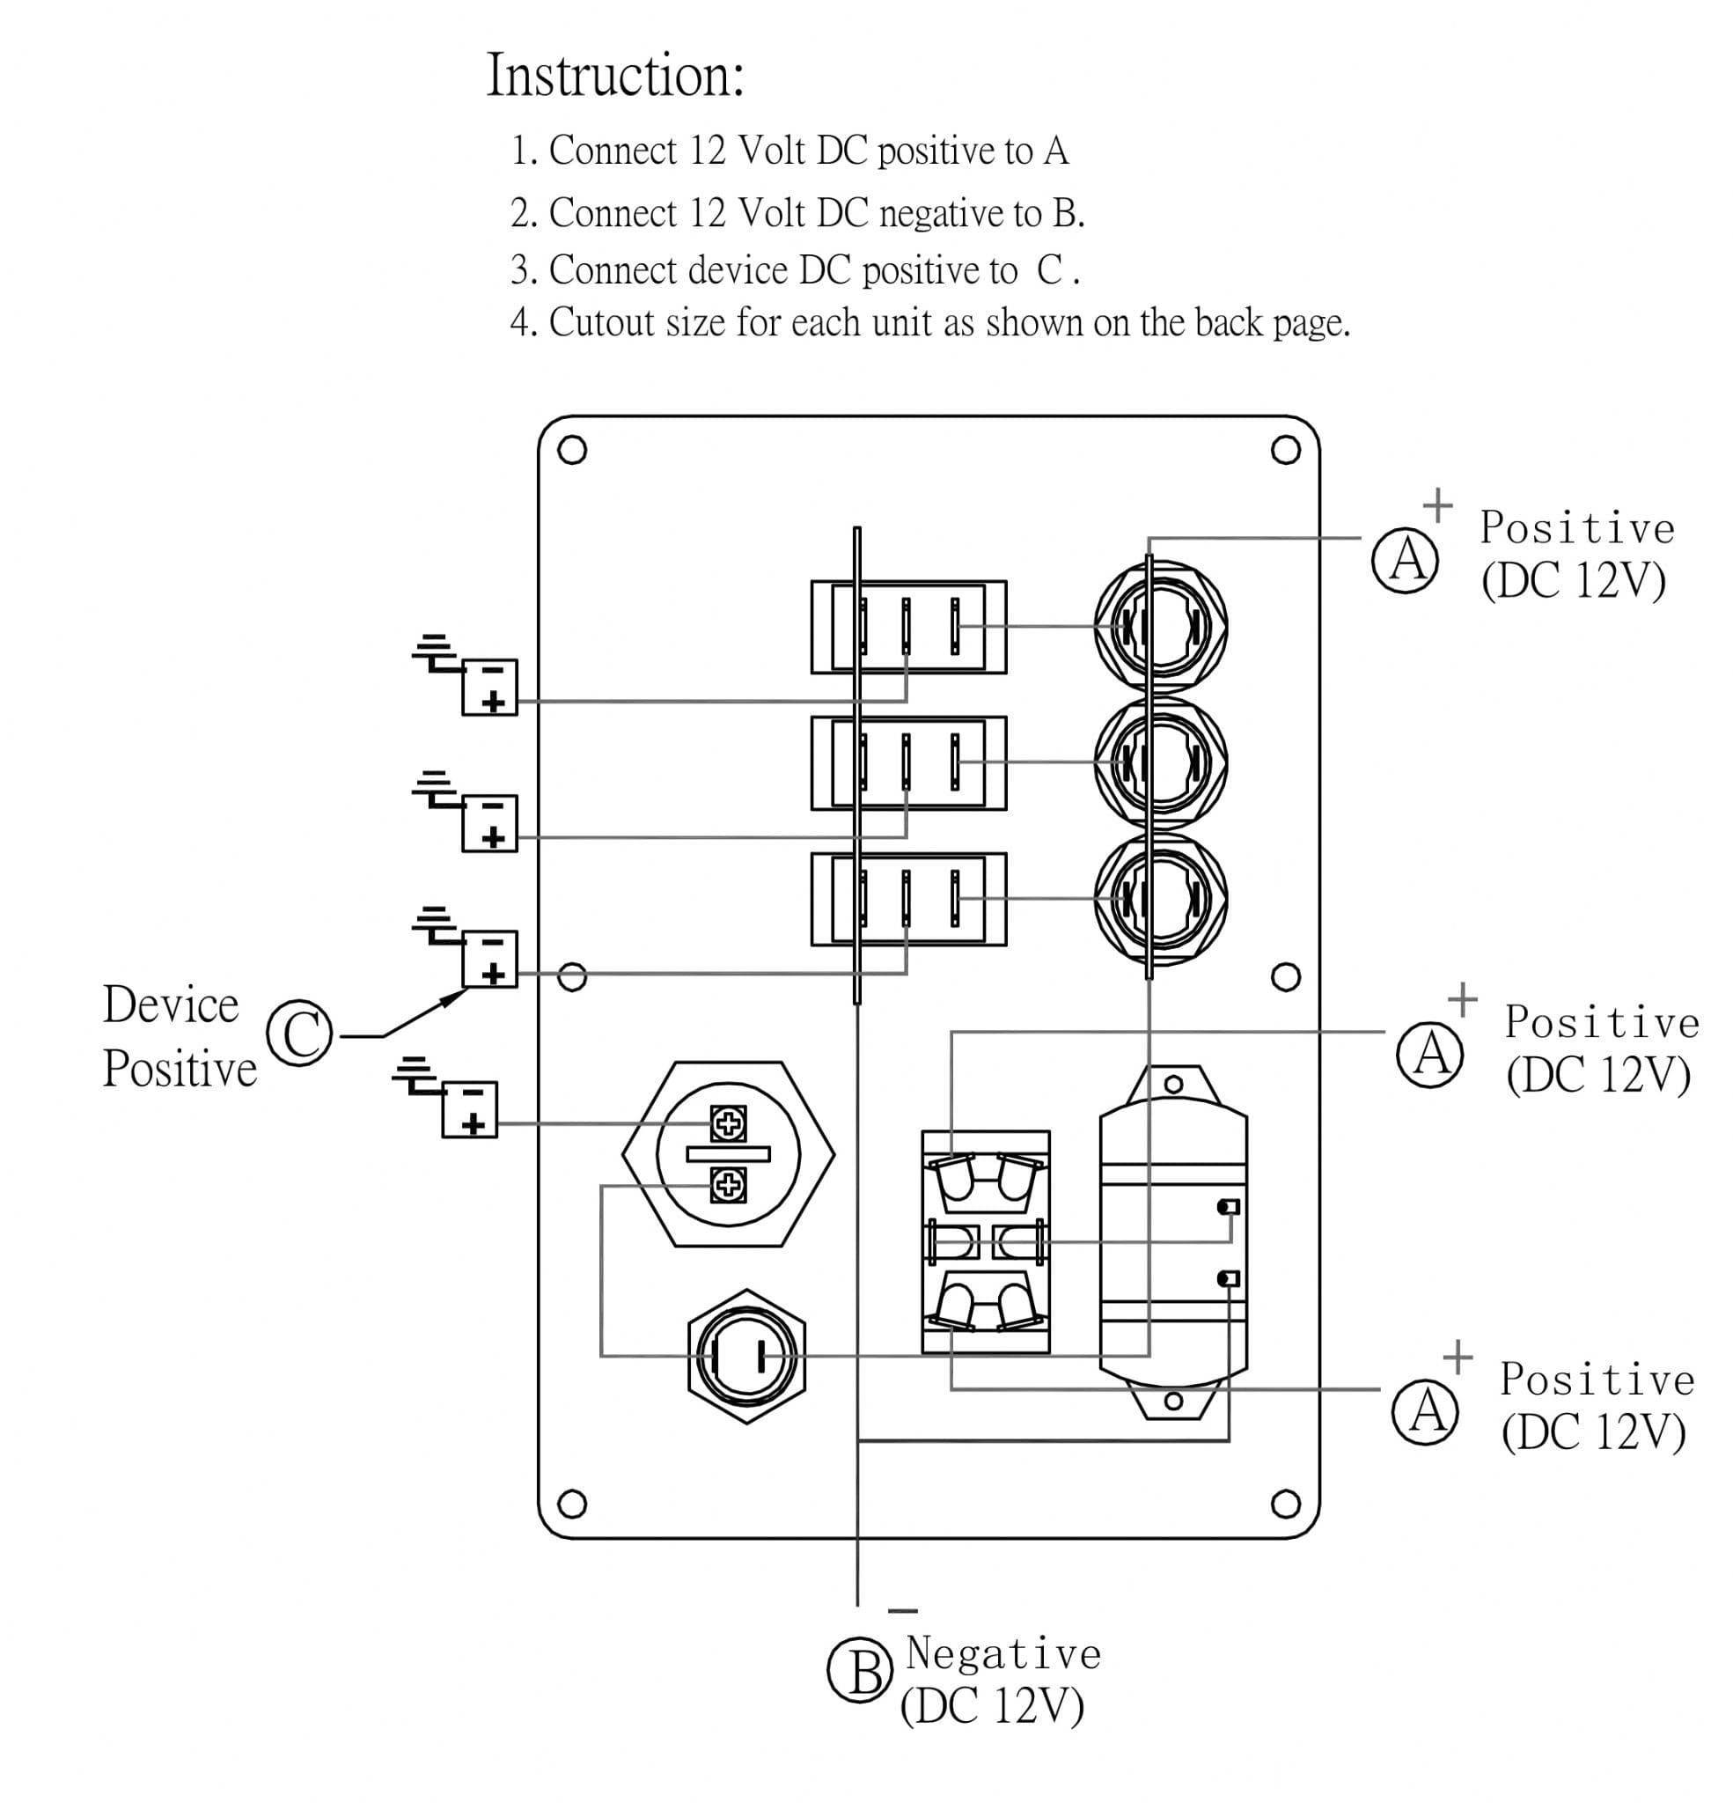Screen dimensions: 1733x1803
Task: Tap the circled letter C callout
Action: click(x=299, y=1033)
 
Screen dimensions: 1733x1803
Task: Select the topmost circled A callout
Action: click(x=1405, y=560)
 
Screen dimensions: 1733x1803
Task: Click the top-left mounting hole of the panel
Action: click(x=572, y=450)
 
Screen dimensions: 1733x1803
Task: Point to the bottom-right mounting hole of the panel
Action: click(x=1285, y=1504)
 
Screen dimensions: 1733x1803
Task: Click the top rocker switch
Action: click(x=909, y=627)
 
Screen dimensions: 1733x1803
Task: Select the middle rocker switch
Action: click(x=909, y=763)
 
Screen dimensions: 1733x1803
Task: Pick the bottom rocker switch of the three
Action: click(x=909, y=899)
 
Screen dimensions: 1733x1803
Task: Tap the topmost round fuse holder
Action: click(x=1161, y=627)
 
